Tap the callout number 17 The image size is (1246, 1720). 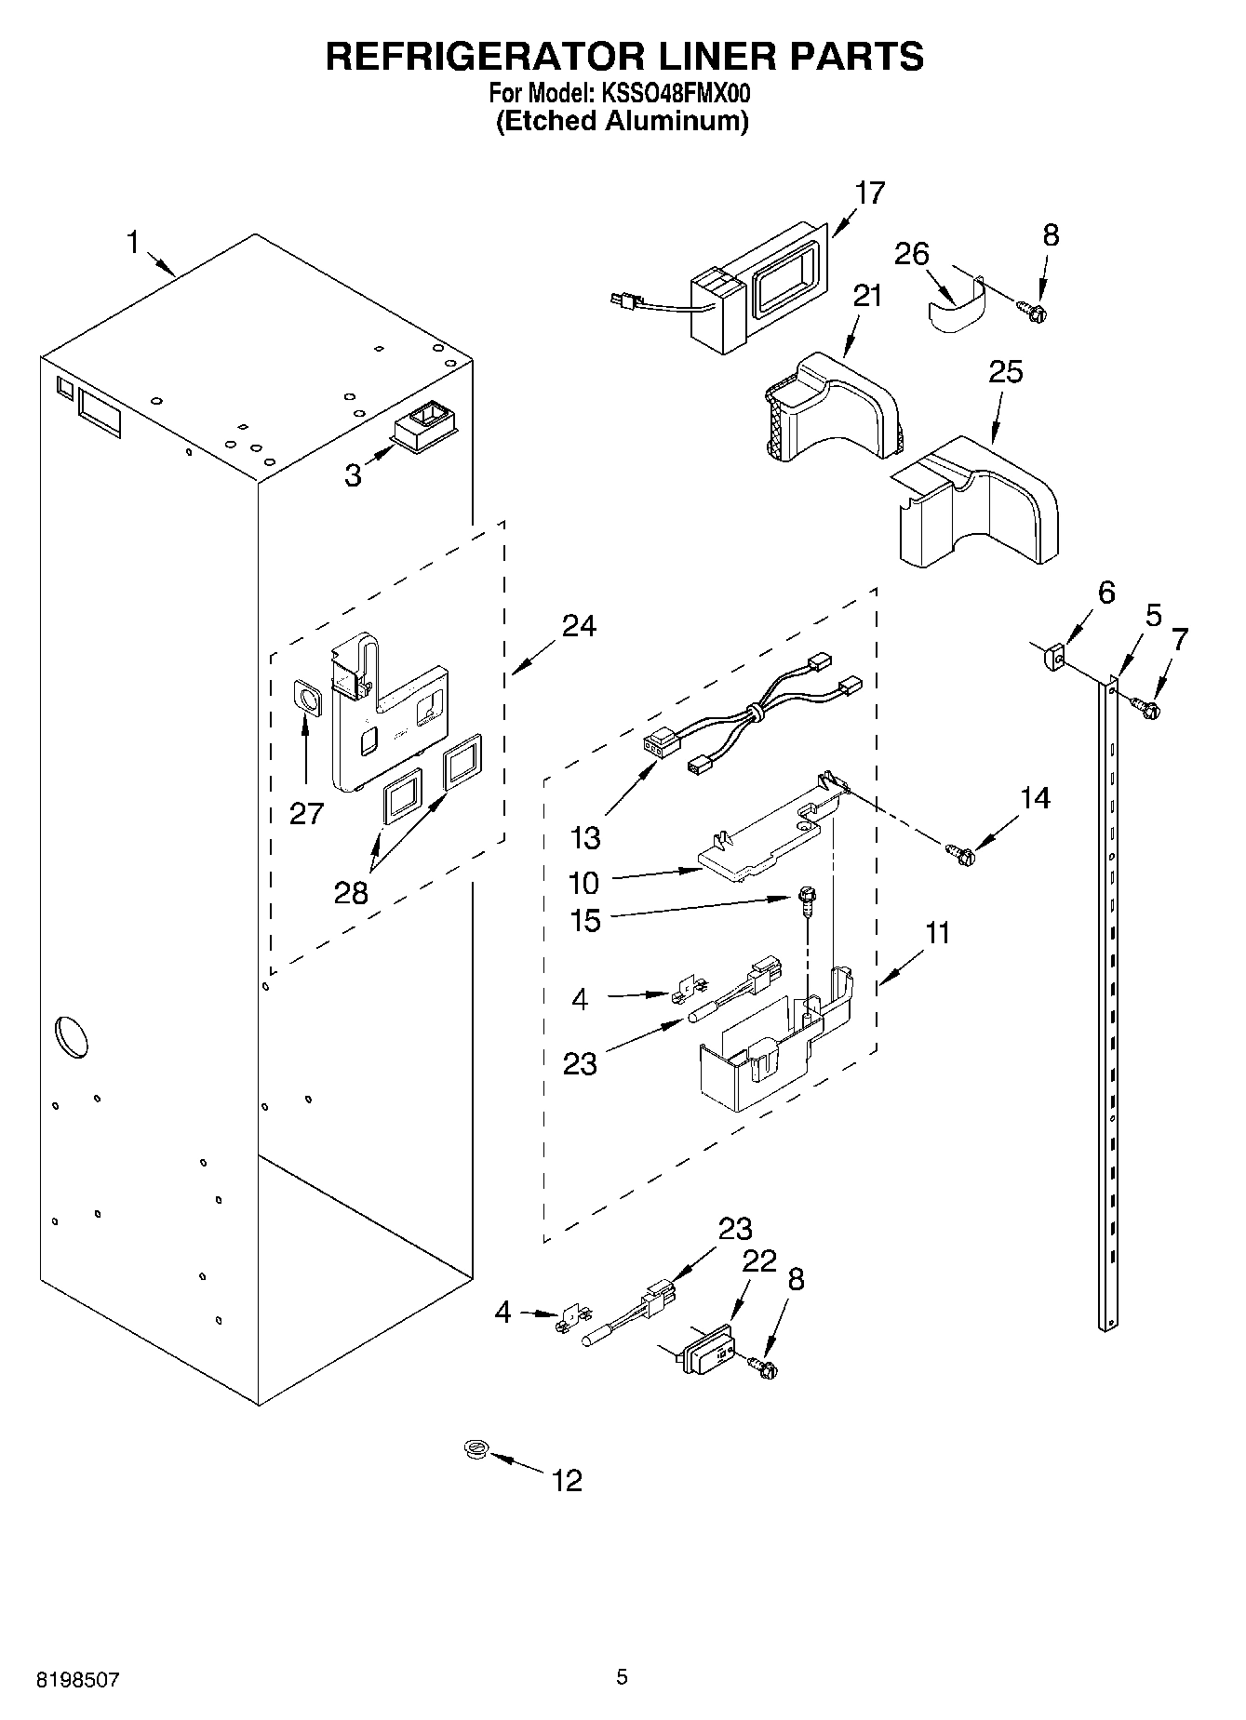pyautogui.click(x=870, y=193)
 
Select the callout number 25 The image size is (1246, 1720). pyautogui.click(x=1005, y=372)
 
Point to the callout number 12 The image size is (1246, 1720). pyautogui.click(x=567, y=1480)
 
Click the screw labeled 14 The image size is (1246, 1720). pyautogui.click(x=960, y=849)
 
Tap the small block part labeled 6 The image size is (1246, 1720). pyautogui.click(x=1052, y=657)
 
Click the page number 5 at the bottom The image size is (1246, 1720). pyautogui.click(x=622, y=1677)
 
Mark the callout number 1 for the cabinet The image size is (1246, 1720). pyautogui.click(x=133, y=244)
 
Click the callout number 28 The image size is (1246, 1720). pyautogui.click(x=352, y=893)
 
